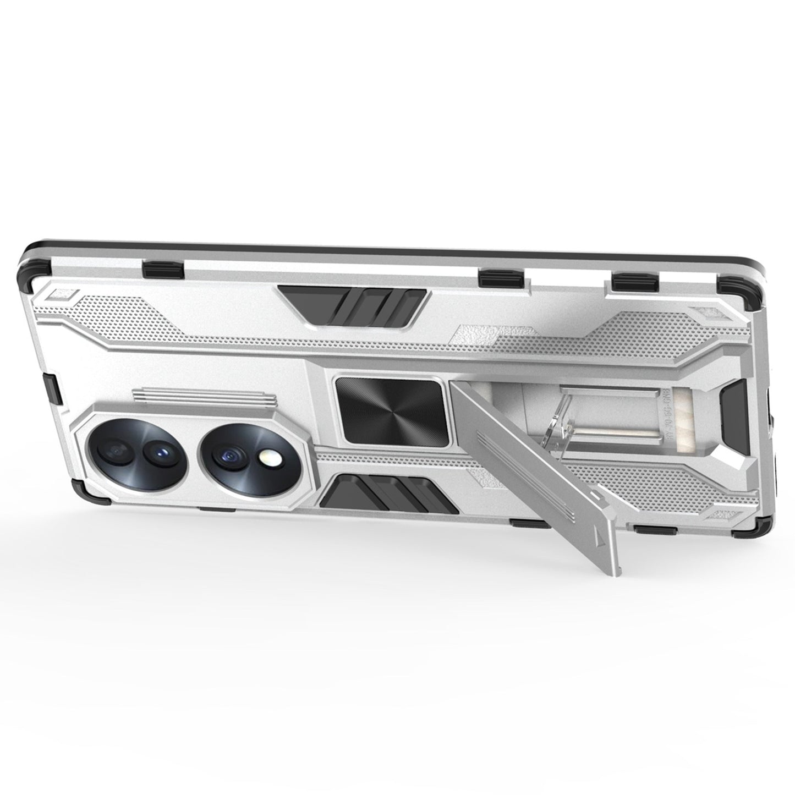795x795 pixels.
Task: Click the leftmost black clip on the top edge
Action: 163,268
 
